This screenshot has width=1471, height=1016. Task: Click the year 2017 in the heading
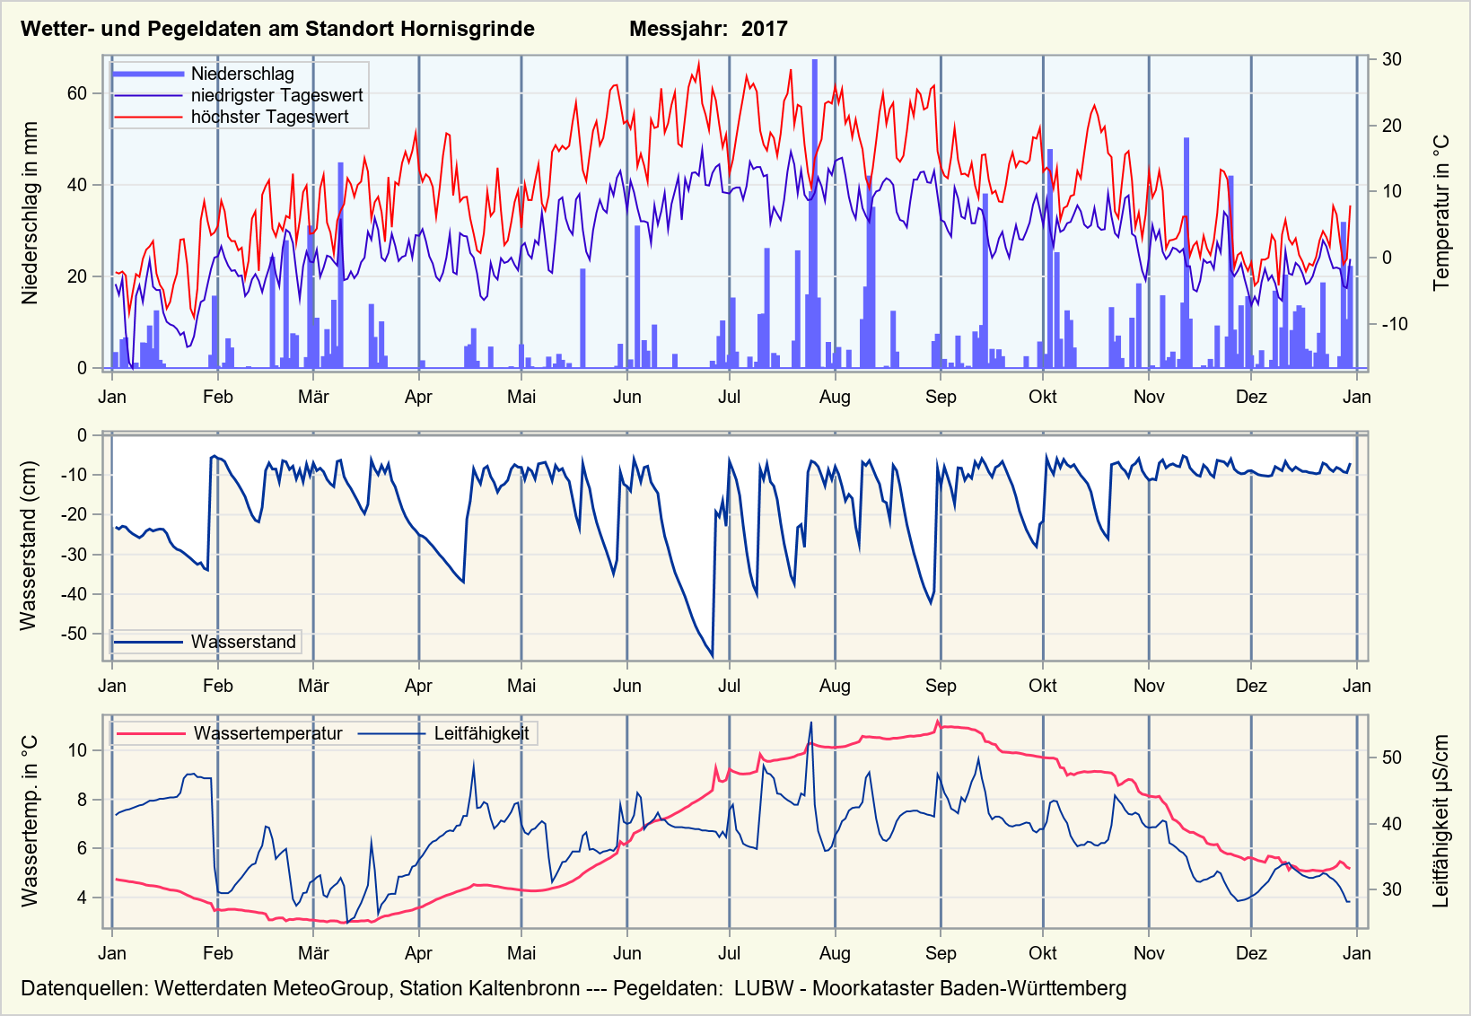click(764, 29)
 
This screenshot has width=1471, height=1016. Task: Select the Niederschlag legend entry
click(242, 74)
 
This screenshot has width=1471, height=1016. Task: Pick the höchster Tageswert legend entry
click(269, 117)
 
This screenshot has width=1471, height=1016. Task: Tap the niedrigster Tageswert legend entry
click(276, 95)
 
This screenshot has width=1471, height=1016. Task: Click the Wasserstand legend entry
click(243, 642)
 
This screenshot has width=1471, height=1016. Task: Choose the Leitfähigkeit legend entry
click(481, 733)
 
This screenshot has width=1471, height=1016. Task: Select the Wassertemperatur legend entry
click(267, 733)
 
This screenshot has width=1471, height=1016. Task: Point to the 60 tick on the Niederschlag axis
click(77, 93)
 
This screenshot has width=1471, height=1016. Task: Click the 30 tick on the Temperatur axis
click(1392, 59)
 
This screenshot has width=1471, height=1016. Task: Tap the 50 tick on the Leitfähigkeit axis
click(1392, 758)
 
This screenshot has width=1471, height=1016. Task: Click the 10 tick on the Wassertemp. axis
click(77, 750)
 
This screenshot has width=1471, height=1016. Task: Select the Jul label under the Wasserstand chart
click(729, 686)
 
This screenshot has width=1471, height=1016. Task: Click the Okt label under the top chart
click(1042, 397)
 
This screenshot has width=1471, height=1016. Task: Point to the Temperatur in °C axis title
click(1441, 213)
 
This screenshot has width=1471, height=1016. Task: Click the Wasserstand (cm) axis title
click(29, 546)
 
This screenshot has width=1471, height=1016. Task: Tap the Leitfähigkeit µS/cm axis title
click(1441, 821)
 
